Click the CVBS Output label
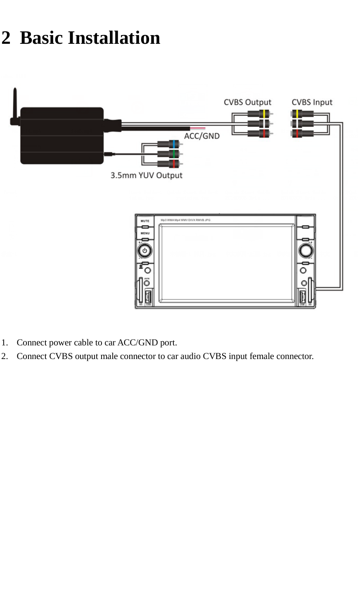[247, 102]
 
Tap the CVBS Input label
[312, 102]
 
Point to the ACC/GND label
[201, 136]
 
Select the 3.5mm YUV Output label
[146, 175]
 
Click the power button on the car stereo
[144, 250]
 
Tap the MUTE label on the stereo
[145, 221]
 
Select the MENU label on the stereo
[145, 233]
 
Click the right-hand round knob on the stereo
[306, 250]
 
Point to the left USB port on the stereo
[148, 297]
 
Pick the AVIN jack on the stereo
[147, 283]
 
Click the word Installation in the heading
[114, 38]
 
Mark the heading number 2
[6, 38]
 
